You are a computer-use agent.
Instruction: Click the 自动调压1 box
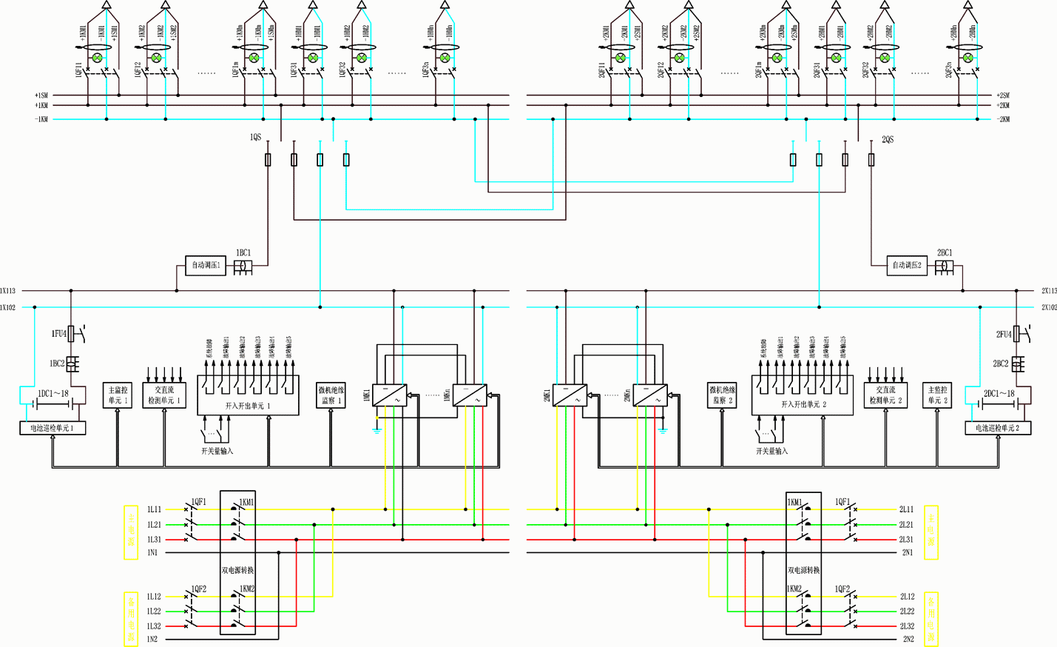click(x=205, y=265)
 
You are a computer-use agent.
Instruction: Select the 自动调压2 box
click(x=906, y=265)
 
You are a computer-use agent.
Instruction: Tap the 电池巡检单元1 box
click(x=52, y=428)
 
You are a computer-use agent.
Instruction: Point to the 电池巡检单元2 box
click(x=998, y=428)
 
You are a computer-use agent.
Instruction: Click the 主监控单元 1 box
click(x=118, y=395)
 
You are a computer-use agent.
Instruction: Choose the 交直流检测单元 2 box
click(x=885, y=395)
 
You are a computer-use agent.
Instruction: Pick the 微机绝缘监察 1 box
click(x=331, y=395)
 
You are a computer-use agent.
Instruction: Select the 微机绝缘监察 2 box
click(x=722, y=395)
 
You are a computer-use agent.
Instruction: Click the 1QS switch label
click(x=255, y=138)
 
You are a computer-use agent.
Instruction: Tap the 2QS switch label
click(x=888, y=139)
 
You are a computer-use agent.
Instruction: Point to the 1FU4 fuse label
click(x=58, y=334)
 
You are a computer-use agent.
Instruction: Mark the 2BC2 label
click(x=1000, y=364)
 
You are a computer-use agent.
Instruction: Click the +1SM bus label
click(x=41, y=95)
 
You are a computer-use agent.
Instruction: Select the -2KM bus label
click(x=1003, y=119)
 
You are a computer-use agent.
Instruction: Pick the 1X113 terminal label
click(x=7, y=291)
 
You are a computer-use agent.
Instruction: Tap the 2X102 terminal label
click(x=1049, y=307)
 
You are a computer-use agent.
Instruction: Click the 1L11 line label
click(x=154, y=509)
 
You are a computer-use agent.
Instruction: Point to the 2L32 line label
click(x=907, y=626)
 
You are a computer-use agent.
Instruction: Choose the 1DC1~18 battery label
click(x=53, y=394)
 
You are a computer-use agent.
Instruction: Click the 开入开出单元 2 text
click(x=803, y=405)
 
